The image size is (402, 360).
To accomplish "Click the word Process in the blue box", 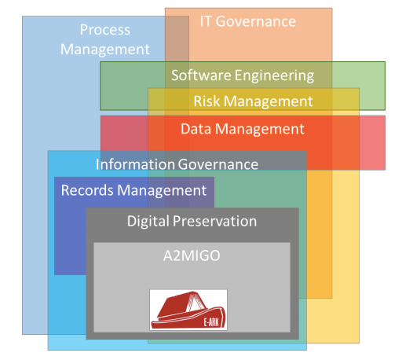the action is click(x=105, y=30).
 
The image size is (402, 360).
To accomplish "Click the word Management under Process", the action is click(x=105, y=50).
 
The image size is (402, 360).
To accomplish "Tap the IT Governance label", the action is click(x=248, y=21).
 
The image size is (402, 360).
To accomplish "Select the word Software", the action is click(x=201, y=75).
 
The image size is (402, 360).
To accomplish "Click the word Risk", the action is click(x=206, y=101).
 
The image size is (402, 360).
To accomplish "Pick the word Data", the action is click(x=196, y=129).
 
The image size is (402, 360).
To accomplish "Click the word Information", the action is click(x=135, y=164).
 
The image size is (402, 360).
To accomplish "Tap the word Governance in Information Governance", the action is click(x=218, y=164).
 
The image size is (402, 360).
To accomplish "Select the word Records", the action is click(x=87, y=190).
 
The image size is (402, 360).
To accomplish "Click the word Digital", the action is click(x=148, y=222).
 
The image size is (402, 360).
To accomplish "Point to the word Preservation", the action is click(x=214, y=221).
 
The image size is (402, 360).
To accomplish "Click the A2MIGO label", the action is click(x=192, y=255).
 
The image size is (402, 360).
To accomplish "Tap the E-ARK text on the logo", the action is click(x=211, y=322).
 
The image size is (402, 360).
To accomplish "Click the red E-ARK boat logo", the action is click(x=188, y=310).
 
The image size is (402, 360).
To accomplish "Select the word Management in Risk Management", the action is click(x=269, y=101).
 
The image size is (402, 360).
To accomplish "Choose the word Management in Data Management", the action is click(x=260, y=130).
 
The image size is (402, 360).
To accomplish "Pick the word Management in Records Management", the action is click(x=162, y=191).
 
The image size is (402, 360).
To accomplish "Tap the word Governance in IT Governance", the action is click(x=256, y=21).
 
